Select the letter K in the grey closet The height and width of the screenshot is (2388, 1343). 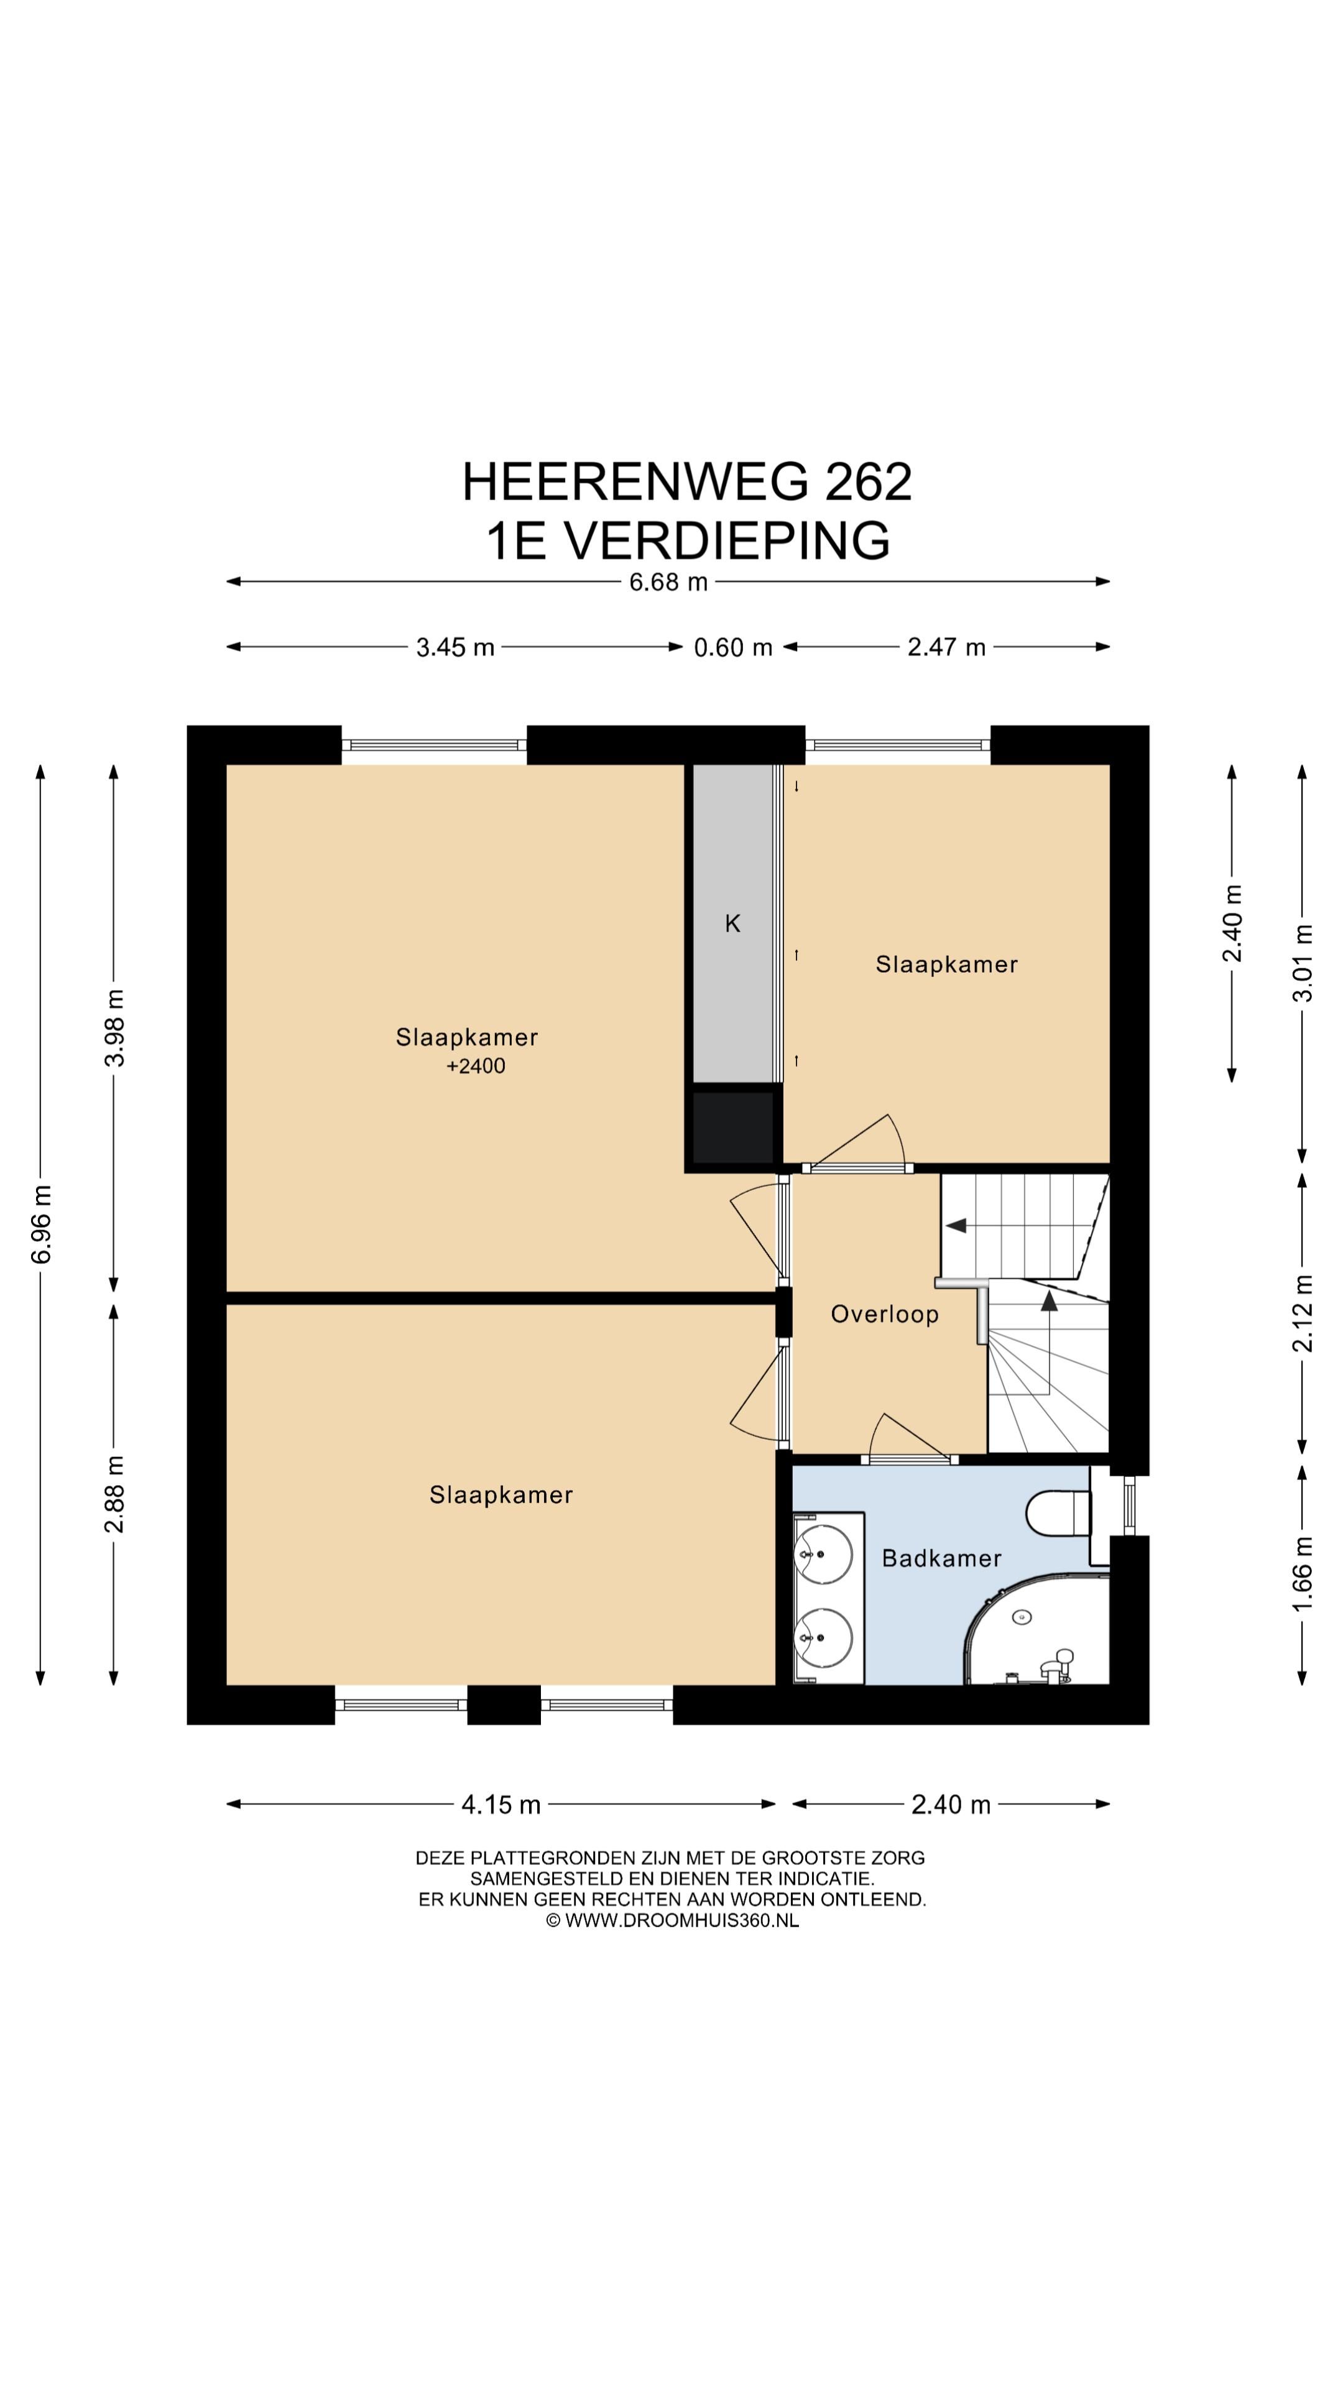[732, 923]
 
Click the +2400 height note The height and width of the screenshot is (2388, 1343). [476, 1066]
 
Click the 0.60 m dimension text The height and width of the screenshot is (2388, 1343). [733, 647]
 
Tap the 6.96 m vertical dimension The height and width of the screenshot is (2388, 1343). [41, 1224]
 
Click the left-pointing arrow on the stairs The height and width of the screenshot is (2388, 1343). [956, 1226]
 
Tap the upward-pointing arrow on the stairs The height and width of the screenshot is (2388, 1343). [1049, 1300]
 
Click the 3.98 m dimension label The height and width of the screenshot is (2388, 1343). [114, 1028]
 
